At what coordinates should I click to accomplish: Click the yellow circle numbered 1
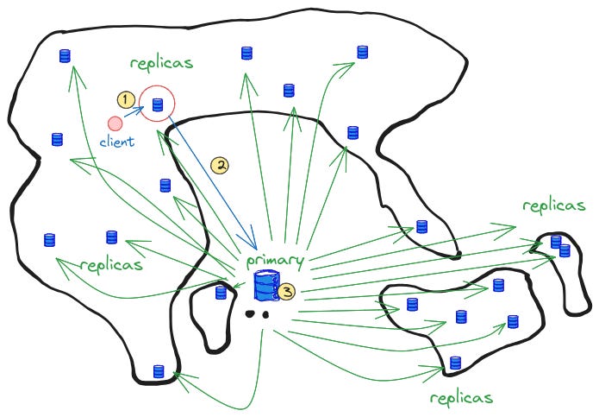(125, 100)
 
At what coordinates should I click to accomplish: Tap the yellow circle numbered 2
(220, 164)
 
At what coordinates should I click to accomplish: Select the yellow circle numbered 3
(287, 292)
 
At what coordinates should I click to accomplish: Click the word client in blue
(117, 142)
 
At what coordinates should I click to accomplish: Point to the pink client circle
(115, 124)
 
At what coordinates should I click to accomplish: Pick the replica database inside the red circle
(158, 105)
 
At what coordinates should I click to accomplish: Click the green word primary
(275, 260)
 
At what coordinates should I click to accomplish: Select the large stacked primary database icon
(265, 286)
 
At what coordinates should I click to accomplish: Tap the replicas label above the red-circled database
(161, 64)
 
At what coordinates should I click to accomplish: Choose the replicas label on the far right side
(554, 205)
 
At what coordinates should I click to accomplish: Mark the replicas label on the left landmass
(110, 264)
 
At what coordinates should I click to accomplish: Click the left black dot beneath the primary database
(252, 314)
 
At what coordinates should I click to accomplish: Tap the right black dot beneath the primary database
(267, 314)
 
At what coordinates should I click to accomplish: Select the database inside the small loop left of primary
(221, 293)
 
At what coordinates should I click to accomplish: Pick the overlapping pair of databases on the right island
(560, 246)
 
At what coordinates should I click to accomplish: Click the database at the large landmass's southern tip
(159, 372)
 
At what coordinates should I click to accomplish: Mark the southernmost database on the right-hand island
(455, 363)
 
